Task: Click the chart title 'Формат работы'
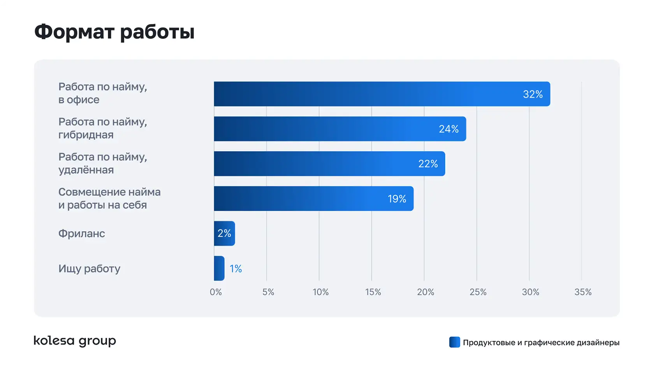(114, 32)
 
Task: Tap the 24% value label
(448, 129)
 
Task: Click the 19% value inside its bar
(397, 199)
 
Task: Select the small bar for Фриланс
(224, 233)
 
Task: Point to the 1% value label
(236, 269)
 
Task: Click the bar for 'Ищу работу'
(219, 268)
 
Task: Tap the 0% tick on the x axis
(216, 292)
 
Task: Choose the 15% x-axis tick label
(373, 292)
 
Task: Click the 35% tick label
(583, 292)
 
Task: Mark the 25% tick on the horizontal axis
(478, 292)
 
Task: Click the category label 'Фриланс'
(82, 234)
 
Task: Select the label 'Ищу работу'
(89, 269)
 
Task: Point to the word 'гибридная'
(86, 135)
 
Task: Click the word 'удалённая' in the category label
(86, 170)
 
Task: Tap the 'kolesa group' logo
(75, 341)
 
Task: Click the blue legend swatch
(454, 342)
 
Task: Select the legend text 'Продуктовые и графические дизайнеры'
(541, 343)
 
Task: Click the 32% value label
(533, 94)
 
